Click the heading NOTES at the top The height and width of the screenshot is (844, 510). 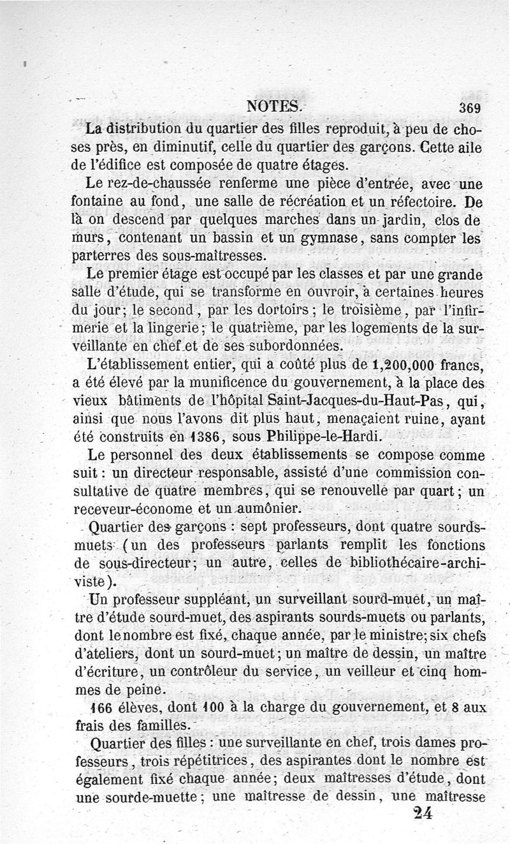276,107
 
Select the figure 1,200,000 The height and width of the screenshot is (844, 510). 395,365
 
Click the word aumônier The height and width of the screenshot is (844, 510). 262,508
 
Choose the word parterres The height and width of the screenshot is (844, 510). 105,256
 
